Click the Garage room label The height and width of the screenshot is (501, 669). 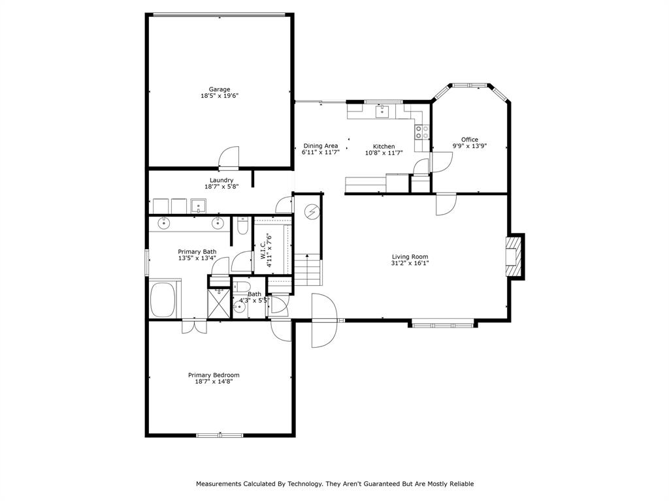[x=219, y=89]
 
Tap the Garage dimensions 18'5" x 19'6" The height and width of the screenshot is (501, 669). [x=219, y=96]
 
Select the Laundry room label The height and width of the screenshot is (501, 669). [x=221, y=180]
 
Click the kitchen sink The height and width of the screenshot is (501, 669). [x=382, y=111]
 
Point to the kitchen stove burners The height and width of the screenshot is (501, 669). [x=422, y=132]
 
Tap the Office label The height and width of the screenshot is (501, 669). [x=469, y=140]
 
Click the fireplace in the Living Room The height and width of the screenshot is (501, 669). [x=514, y=256]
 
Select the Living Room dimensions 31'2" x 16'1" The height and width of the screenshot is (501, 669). [x=410, y=264]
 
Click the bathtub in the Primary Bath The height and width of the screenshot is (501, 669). [x=163, y=299]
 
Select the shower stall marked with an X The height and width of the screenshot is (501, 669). [x=219, y=303]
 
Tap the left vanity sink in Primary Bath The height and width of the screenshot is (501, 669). [x=163, y=224]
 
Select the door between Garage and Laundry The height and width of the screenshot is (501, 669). [x=229, y=158]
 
